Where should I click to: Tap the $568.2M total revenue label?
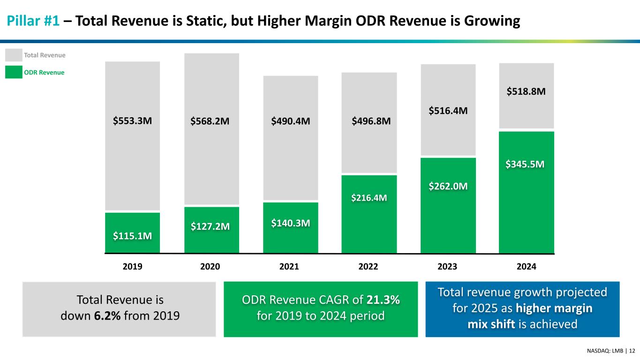pos(210,121)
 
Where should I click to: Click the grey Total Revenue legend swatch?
pos(14,55)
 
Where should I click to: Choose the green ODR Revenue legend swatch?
pos(14,73)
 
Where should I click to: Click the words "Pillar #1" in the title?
pos(32,21)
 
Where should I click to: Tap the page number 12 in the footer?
pos(632,351)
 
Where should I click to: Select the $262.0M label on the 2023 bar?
pos(448,186)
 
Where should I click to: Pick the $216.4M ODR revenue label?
pos(369,198)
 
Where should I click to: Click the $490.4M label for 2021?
pos(290,121)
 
